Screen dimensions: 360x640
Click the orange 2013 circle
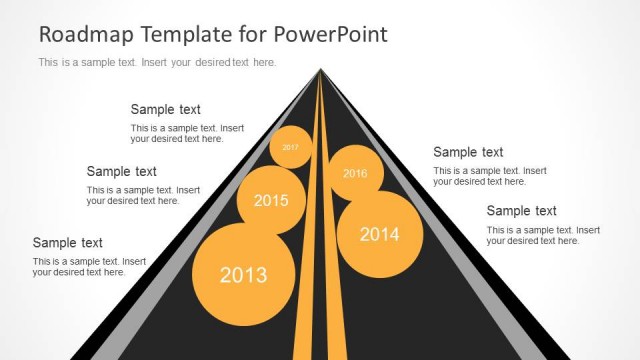point(243,275)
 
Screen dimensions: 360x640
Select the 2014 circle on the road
point(379,235)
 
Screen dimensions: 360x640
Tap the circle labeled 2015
point(270,200)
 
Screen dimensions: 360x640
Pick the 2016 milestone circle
point(355,172)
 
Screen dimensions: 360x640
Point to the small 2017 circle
point(290,147)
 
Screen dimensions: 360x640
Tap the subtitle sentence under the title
point(157,62)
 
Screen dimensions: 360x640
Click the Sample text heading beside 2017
point(165,110)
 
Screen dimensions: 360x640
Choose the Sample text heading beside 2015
point(121,171)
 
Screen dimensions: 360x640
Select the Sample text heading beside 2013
point(67,242)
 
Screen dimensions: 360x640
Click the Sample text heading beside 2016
point(468,152)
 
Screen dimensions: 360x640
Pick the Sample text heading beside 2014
point(521,211)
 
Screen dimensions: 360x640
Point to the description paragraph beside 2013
point(89,267)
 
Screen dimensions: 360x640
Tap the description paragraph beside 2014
point(543,235)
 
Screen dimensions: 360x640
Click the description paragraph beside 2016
point(489,176)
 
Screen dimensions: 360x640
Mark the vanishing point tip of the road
point(321,69)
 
